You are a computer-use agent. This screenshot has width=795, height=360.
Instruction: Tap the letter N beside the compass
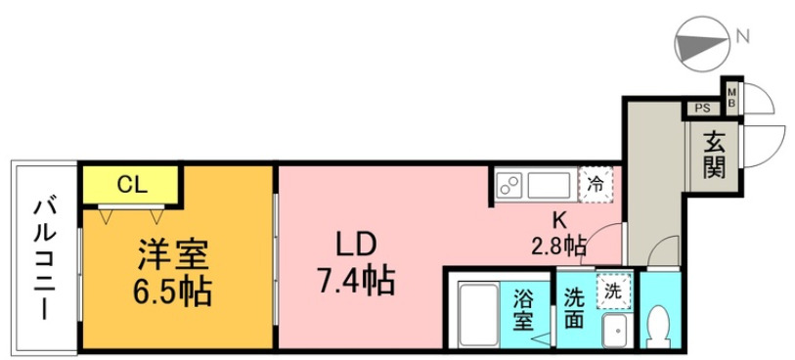point(743,38)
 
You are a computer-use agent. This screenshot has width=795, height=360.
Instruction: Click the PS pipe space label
point(702,109)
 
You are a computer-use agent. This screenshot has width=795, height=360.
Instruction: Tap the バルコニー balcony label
point(44,258)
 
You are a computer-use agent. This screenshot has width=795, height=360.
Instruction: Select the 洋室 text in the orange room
point(172,255)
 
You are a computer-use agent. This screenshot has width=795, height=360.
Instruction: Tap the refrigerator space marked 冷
point(596,184)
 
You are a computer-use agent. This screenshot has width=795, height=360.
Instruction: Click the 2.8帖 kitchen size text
point(558,246)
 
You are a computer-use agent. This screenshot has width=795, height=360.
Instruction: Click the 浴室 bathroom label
point(524,307)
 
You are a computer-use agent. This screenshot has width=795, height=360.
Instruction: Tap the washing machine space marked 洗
point(612,290)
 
